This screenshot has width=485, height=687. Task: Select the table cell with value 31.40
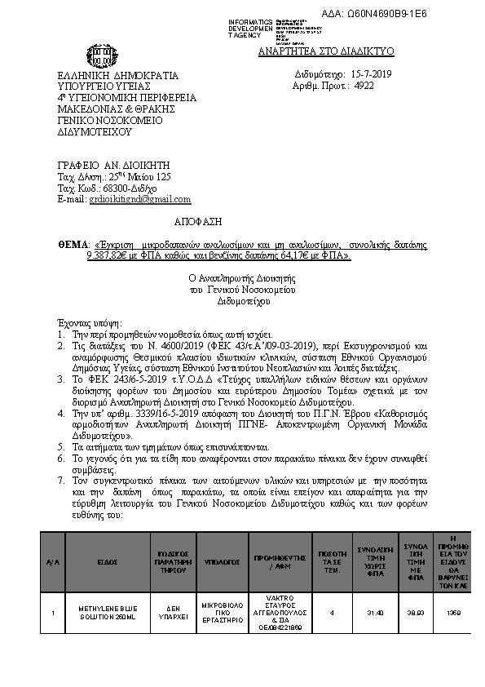pos(376,612)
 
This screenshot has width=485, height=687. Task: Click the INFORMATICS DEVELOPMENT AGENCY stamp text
pos(250,27)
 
